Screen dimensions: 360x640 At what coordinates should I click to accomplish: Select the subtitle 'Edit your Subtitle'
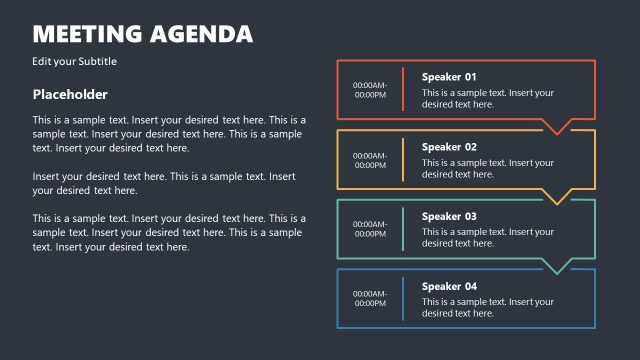point(75,62)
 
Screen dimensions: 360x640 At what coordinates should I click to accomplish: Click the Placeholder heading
point(70,95)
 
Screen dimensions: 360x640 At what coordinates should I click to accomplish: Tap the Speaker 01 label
point(449,77)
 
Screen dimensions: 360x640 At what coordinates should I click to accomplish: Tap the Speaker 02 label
point(449,147)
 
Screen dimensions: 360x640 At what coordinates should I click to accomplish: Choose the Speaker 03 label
point(449,216)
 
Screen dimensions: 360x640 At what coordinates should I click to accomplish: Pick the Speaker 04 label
point(449,286)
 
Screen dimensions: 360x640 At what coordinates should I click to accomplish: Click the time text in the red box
point(370,90)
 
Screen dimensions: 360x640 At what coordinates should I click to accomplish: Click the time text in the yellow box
point(370,160)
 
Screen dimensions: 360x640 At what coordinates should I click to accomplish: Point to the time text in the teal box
point(370,229)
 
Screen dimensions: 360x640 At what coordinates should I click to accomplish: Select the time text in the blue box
point(370,299)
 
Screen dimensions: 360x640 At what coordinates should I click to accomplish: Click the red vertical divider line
point(403,90)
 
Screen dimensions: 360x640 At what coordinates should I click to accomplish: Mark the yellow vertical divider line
point(403,160)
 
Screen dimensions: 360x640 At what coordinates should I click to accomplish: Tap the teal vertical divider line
point(403,229)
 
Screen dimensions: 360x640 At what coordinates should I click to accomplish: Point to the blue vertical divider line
point(403,299)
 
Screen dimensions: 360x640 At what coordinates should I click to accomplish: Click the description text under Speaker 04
point(487,307)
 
